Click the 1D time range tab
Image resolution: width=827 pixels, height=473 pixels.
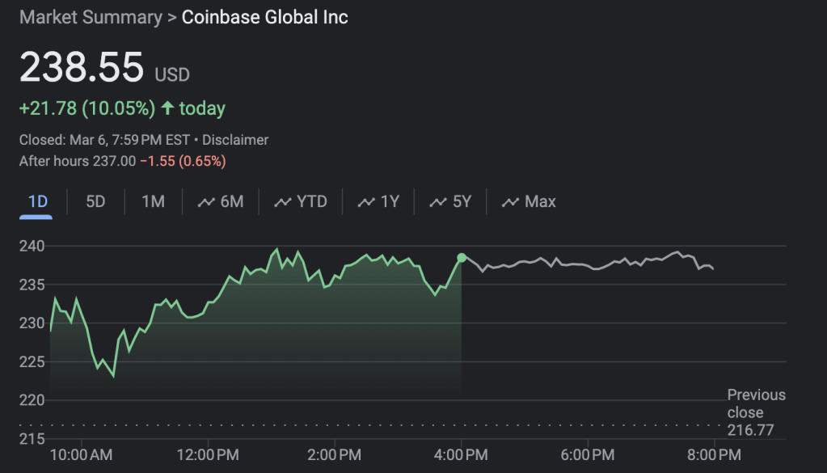tap(37, 201)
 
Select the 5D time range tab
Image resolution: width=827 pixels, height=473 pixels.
tap(95, 201)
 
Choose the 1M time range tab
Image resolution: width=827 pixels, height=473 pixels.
tap(153, 201)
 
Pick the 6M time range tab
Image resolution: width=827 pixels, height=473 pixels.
tap(221, 201)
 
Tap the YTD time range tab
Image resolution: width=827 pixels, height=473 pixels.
tap(301, 201)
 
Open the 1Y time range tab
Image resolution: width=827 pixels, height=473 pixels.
tap(378, 201)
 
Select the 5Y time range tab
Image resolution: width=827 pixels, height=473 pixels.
tap(450, 201)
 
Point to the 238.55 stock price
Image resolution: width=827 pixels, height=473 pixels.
tap(82, 67)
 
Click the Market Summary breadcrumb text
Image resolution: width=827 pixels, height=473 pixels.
tap(91, 17)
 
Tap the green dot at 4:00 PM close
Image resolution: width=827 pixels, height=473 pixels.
tap(462, 258)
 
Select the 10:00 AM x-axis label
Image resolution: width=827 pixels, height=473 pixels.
tap(81, 455)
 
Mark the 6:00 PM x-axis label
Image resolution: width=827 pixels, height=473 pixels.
tap(587, 455)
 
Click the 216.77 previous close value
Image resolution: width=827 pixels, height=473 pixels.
tap(750, 430)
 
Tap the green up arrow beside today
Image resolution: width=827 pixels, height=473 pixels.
tap(167, 108)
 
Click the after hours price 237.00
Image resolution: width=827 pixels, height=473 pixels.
tap(114, 161)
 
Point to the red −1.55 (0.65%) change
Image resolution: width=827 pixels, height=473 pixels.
tap(183, 161)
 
